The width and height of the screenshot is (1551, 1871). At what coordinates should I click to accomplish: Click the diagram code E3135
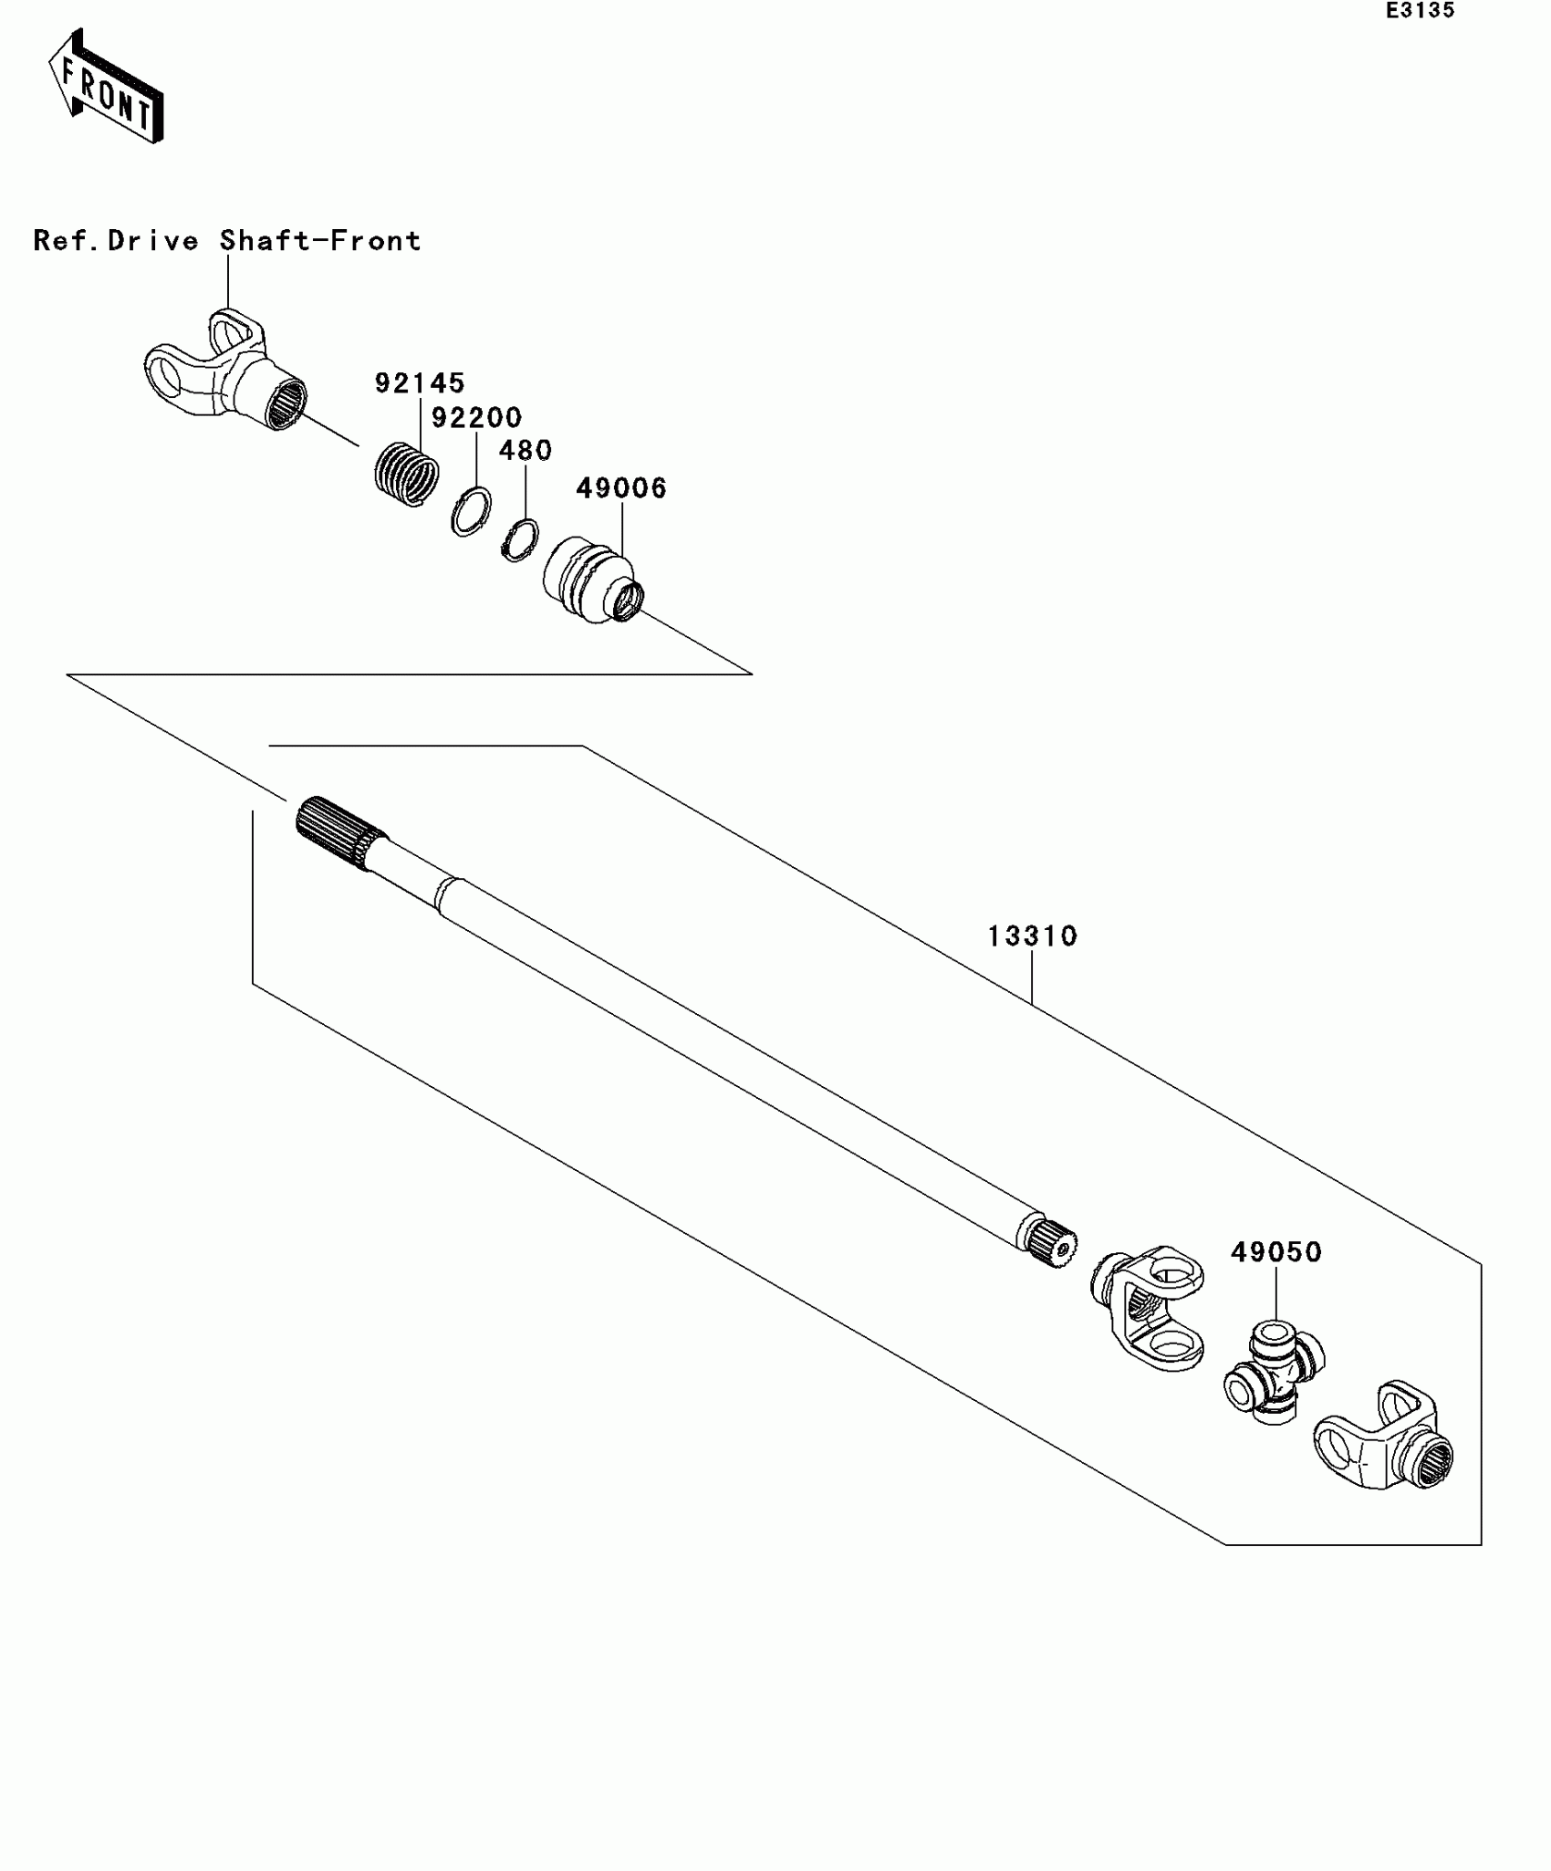coord(1420,11)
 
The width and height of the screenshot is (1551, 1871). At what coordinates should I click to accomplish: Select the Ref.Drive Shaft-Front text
coord(227,241)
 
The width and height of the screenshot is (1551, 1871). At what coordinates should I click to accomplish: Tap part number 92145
coord(420,383)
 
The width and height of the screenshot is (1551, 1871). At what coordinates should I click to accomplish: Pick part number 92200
coord(476,418)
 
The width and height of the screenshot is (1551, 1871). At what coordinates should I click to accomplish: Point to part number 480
coord(526,451)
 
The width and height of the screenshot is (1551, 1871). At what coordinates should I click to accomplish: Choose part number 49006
coord(621,488)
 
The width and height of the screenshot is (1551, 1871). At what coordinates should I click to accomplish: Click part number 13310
coord(1032,936)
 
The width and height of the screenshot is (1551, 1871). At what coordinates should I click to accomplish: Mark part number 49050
coord(1275,1252)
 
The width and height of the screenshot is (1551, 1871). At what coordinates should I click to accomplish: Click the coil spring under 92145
coord(407,473)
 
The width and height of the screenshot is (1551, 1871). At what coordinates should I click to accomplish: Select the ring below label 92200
coord(471,512)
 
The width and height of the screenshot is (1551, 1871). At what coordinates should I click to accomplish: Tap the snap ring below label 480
coord(519,539)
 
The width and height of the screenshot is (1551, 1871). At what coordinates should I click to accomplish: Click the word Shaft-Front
coord(320,241)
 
